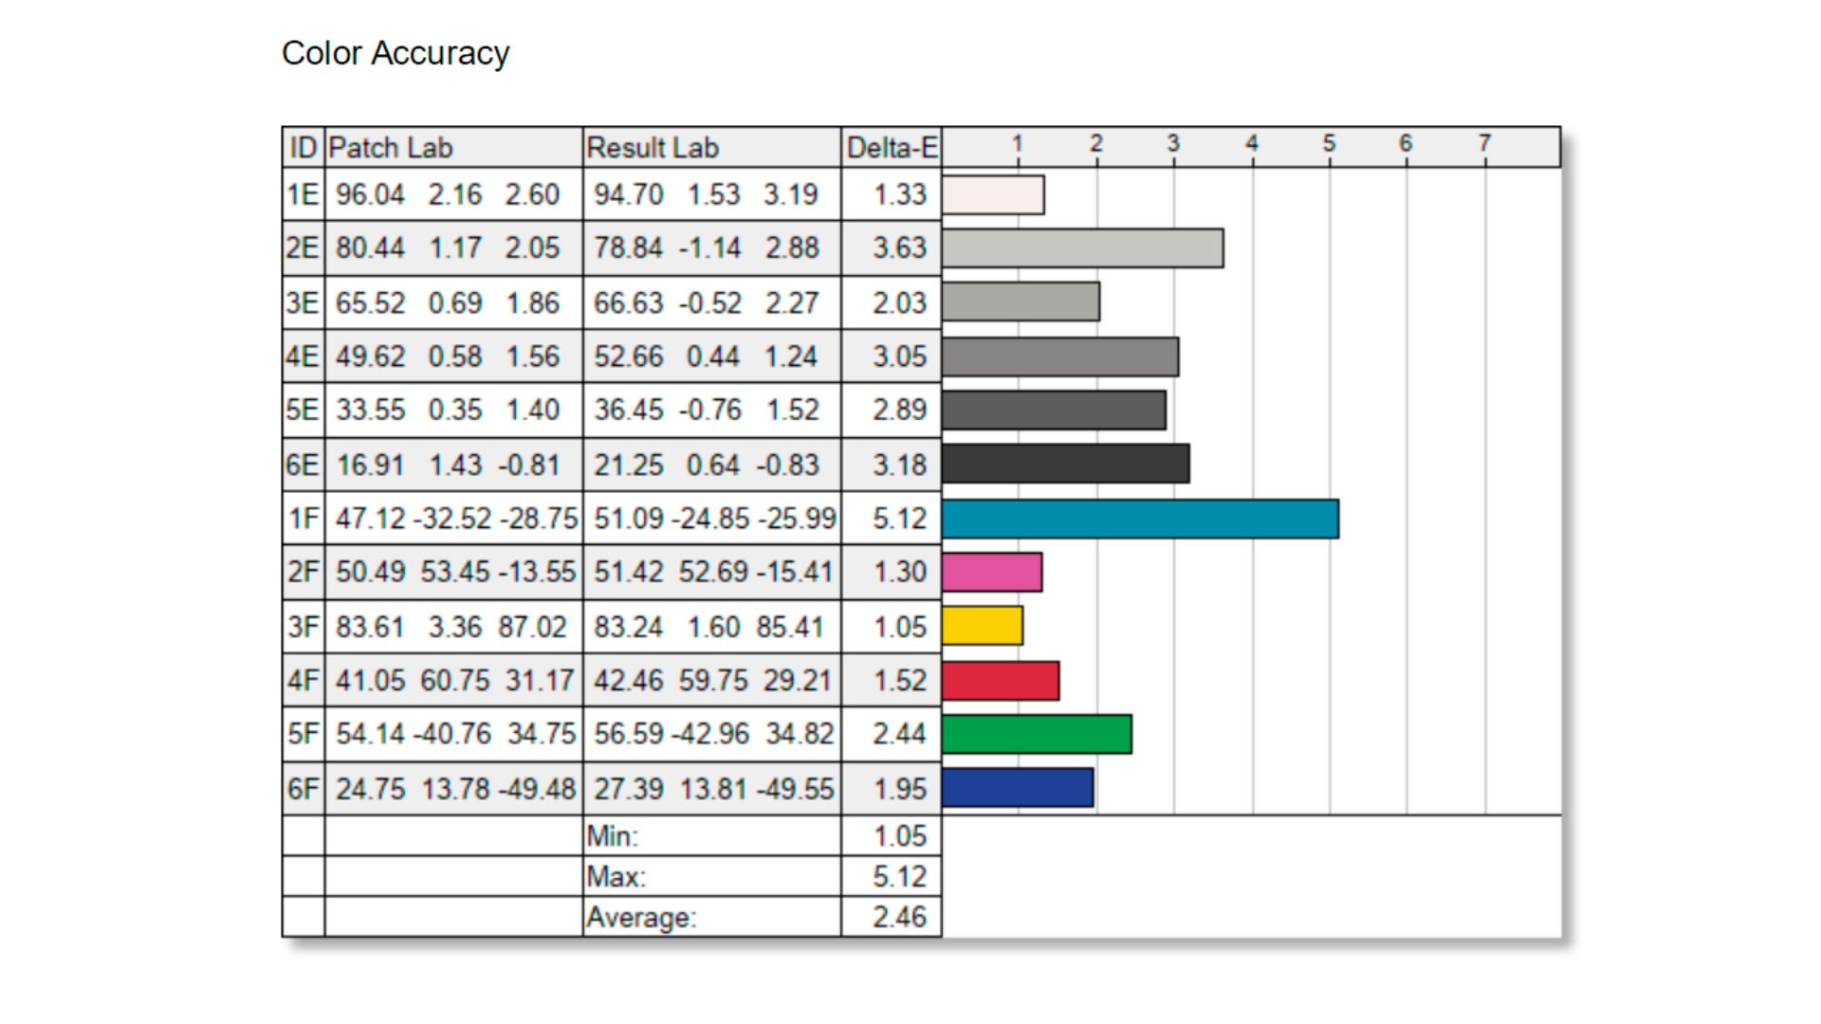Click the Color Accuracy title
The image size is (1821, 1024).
pos(395,53)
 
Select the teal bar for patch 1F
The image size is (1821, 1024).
pos(1140,519)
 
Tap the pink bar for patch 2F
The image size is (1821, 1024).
pos(992,572)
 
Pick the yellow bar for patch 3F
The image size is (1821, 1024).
pos(983,626)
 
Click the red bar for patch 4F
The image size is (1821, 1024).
pos(1001,681)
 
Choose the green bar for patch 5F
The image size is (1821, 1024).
pos(1037,734)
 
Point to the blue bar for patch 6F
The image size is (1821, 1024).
pos(1018,788)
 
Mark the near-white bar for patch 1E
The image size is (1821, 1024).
pos(993,194)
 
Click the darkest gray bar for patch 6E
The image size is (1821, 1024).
pos(1065,465)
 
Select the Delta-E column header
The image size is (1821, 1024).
pos(892,148)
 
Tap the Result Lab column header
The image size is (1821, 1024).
pos(653,148)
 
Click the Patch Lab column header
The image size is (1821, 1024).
pos(391,148)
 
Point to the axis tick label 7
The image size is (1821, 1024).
pos(1484,143)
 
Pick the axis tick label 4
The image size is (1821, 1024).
pos(1252,143)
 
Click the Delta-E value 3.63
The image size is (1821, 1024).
pos(899,248)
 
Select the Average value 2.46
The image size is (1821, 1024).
pos(899,917)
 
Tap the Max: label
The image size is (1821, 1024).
pos(616,877)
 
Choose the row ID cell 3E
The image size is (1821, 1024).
pos(303,303)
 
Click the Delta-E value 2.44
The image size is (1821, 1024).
pos(899,734)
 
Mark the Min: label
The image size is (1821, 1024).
pos(613,836)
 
